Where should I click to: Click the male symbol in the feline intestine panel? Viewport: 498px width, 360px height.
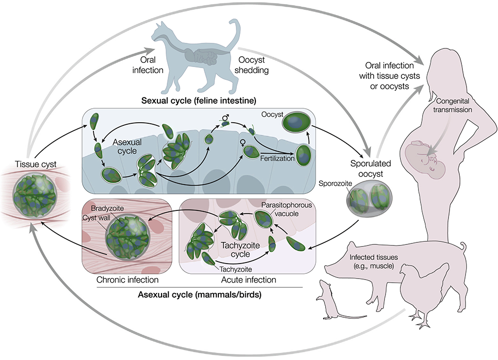(226, 118)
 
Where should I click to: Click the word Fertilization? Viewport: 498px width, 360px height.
(277, 158)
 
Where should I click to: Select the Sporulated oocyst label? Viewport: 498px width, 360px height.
(371, 169)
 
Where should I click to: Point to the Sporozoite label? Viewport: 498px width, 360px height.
(335, 184)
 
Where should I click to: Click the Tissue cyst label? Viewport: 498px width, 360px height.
(36, 164)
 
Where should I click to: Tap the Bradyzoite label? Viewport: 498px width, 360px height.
(107, 208)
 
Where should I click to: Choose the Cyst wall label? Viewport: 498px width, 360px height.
(96, 218)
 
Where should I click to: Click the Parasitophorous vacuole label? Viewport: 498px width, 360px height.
(286, 209)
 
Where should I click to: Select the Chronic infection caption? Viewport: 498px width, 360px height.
(127, 280)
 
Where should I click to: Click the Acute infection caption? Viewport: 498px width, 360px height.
(248, 280)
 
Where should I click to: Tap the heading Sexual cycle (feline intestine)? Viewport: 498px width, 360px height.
(199, 101)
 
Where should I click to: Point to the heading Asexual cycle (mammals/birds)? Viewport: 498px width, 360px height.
(199, 294)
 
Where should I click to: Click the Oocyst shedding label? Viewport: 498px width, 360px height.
(251, 65)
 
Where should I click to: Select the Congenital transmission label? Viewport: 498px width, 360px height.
(453, 105)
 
